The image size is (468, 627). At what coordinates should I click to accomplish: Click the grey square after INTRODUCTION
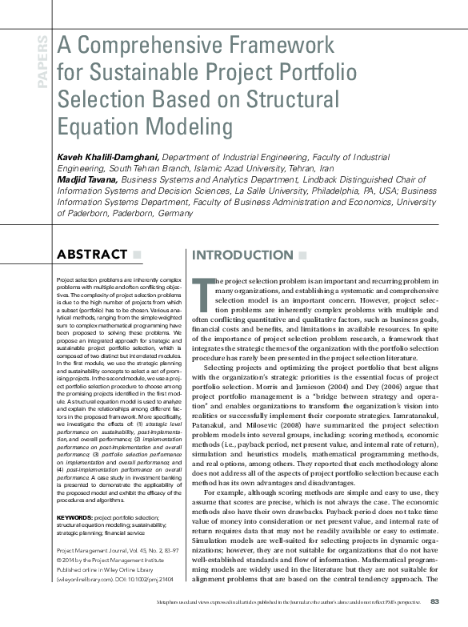coord(301,255)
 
